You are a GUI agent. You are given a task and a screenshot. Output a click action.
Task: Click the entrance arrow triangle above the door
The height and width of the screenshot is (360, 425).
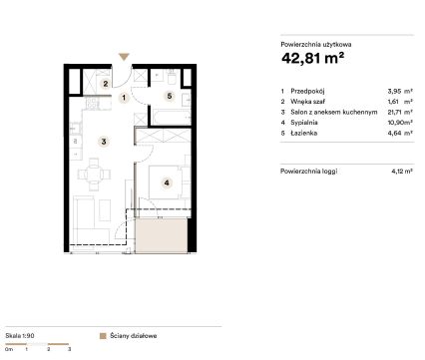click(x=124, y=57)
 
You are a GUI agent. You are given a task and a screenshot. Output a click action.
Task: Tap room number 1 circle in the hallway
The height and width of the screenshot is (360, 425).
click(x=124, y=98)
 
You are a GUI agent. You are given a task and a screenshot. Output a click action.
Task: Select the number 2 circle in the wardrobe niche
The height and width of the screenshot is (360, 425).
click(x=106, y=84)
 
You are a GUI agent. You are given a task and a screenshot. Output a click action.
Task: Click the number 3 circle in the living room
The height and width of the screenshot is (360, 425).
click(x=104, y=142)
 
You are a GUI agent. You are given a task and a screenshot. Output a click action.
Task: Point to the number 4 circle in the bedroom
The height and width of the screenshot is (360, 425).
click(x=167, y=182)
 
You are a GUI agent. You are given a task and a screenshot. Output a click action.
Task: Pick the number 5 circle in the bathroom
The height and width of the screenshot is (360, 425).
click(x=170, y=97)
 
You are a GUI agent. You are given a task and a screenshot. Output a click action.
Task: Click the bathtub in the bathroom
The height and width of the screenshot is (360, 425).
click(x=172, y=117)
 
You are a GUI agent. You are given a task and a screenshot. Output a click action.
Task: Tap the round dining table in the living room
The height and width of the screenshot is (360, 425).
click(x=94, y=174)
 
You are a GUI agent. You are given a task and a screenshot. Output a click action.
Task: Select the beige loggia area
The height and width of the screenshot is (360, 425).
click(x=162, y=234)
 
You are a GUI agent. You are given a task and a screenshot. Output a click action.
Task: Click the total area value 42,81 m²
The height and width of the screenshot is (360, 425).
click(x=312, y=58)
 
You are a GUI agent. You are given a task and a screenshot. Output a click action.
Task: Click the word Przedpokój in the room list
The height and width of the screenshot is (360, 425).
click(x=307, y=91)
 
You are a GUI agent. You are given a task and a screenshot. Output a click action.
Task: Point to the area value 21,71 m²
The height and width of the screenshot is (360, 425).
click(x=400, y=112)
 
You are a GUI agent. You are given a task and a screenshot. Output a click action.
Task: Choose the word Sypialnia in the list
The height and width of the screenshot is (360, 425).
click(x=304, y=123)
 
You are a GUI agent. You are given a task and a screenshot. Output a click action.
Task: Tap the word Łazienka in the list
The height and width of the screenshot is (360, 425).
click(x=304, y=133)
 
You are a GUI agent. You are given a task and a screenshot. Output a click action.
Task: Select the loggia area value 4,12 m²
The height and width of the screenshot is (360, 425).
click(x=402, y=172)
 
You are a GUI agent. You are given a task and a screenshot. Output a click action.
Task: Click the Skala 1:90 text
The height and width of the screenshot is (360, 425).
click(x=20, y=336)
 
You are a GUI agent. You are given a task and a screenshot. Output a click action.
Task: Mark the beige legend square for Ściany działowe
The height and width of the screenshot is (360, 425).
click(x=103, y=336)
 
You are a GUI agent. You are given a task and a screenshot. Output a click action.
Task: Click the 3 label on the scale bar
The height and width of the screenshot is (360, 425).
click(x=69, y=349)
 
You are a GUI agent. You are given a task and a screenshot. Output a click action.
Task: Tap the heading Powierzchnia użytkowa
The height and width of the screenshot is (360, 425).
click(x=316, y=44)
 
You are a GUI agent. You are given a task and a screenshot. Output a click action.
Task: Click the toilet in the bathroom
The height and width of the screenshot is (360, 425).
click(x=172, y=77)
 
